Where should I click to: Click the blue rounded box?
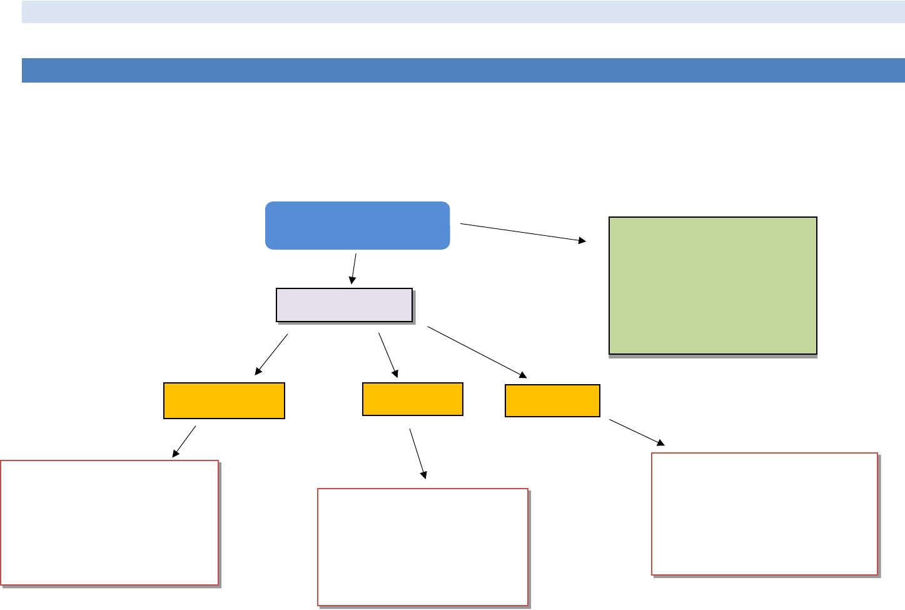(357, 225)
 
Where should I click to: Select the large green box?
(712, 285)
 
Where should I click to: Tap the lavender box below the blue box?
(344, 305)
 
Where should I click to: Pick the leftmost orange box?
(224, 400)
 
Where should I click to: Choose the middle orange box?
(412, 399)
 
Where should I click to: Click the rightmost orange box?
(552, 400)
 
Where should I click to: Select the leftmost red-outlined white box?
(109, 522)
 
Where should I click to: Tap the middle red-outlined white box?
(423, 547)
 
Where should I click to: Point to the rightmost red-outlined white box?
(764, 513)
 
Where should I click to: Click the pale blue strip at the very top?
(463, 12)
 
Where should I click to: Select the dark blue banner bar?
(463, 70)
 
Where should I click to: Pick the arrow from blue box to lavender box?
(354, 268)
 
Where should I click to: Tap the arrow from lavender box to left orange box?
(271, 355)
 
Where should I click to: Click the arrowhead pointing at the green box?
(583, 240)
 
